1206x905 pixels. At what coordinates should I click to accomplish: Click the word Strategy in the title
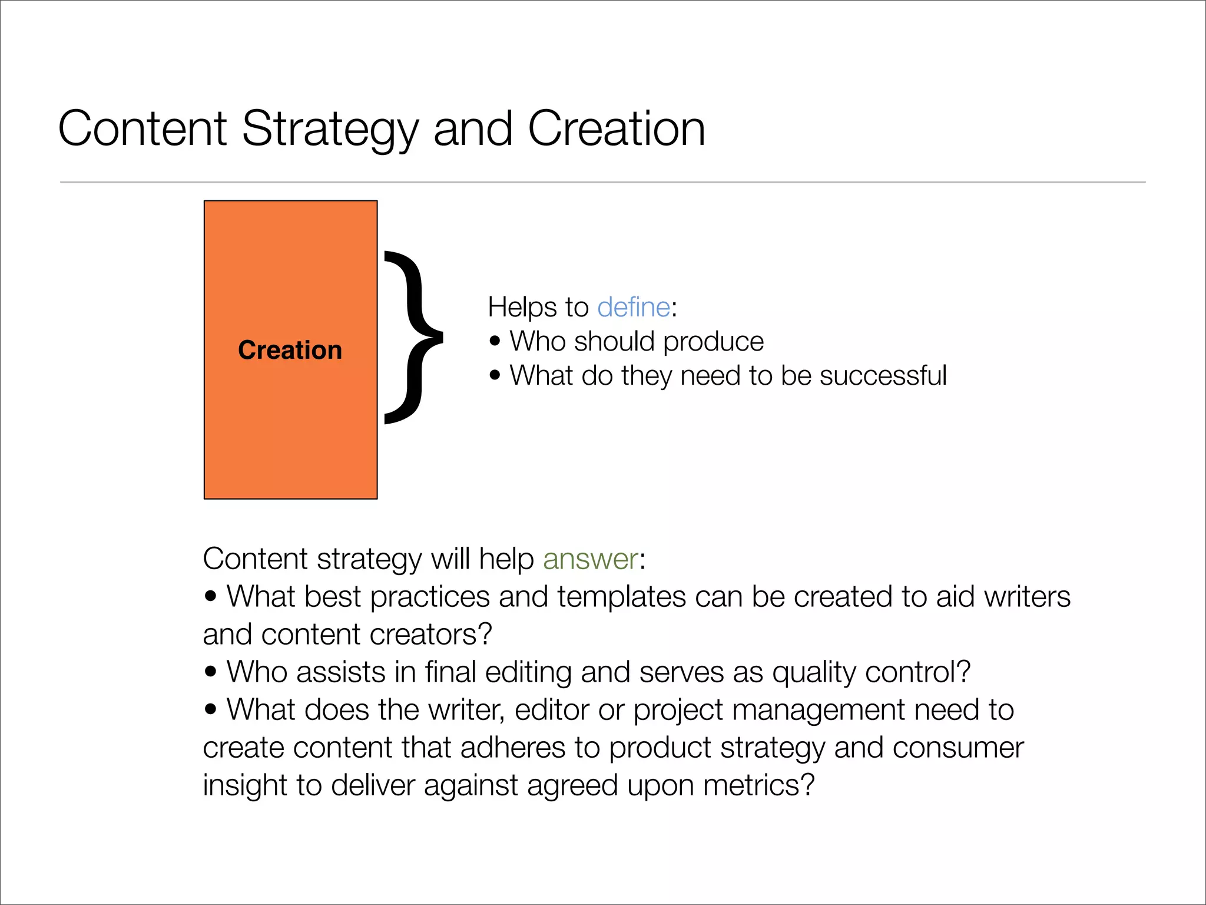pos(330,130)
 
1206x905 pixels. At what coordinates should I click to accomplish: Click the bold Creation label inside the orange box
pos(290,350)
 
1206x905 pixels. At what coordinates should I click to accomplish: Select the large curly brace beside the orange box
pos(412,337)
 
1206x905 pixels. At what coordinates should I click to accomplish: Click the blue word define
pos(633,308)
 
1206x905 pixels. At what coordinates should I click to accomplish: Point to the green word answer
pos(591,559)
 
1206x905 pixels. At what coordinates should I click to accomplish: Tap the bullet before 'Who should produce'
pos(495,341)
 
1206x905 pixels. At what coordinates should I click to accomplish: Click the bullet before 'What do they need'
pos(495,375)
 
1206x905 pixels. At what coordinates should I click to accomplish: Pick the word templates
pos(621,597)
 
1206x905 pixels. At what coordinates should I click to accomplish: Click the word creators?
pos(430,635)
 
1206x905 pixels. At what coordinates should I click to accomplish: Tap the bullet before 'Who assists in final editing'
pos(210,671)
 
